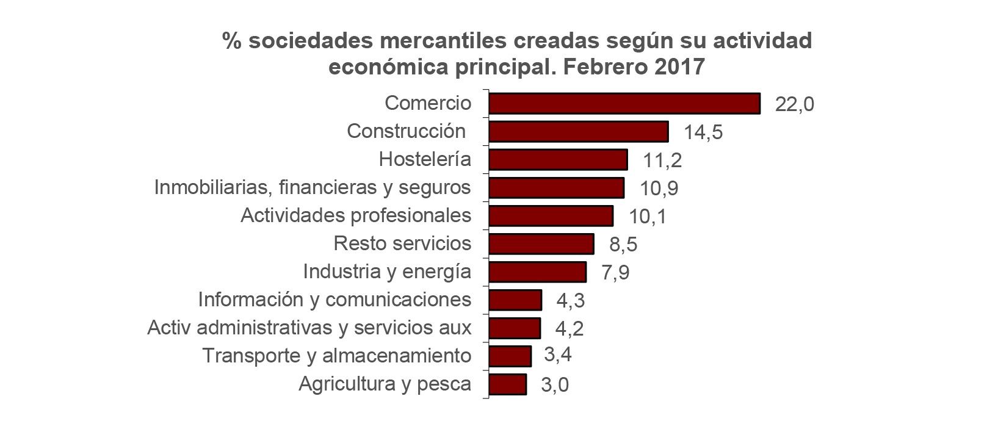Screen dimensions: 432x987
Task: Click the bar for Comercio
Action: point(624,104)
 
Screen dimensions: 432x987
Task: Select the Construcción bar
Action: point(579,132)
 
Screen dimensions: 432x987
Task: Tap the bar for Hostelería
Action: point(558,160)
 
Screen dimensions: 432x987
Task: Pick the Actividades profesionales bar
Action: point(551,216)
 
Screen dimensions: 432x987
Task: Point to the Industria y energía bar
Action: point(537,272)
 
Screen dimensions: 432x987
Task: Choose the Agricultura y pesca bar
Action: point(507,384)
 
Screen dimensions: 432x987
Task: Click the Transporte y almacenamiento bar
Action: point(510,356)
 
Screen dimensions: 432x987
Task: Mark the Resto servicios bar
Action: point(541,244)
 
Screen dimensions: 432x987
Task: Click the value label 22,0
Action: point(794,104)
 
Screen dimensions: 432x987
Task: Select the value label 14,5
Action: point(703,132)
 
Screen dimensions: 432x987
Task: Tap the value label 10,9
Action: point(659,188)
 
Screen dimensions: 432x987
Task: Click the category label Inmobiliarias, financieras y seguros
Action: point(313,187)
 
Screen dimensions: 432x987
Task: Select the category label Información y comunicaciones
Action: point(334,300)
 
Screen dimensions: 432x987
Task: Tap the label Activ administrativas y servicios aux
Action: point(309,328)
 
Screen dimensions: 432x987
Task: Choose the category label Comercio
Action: point(428,103)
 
